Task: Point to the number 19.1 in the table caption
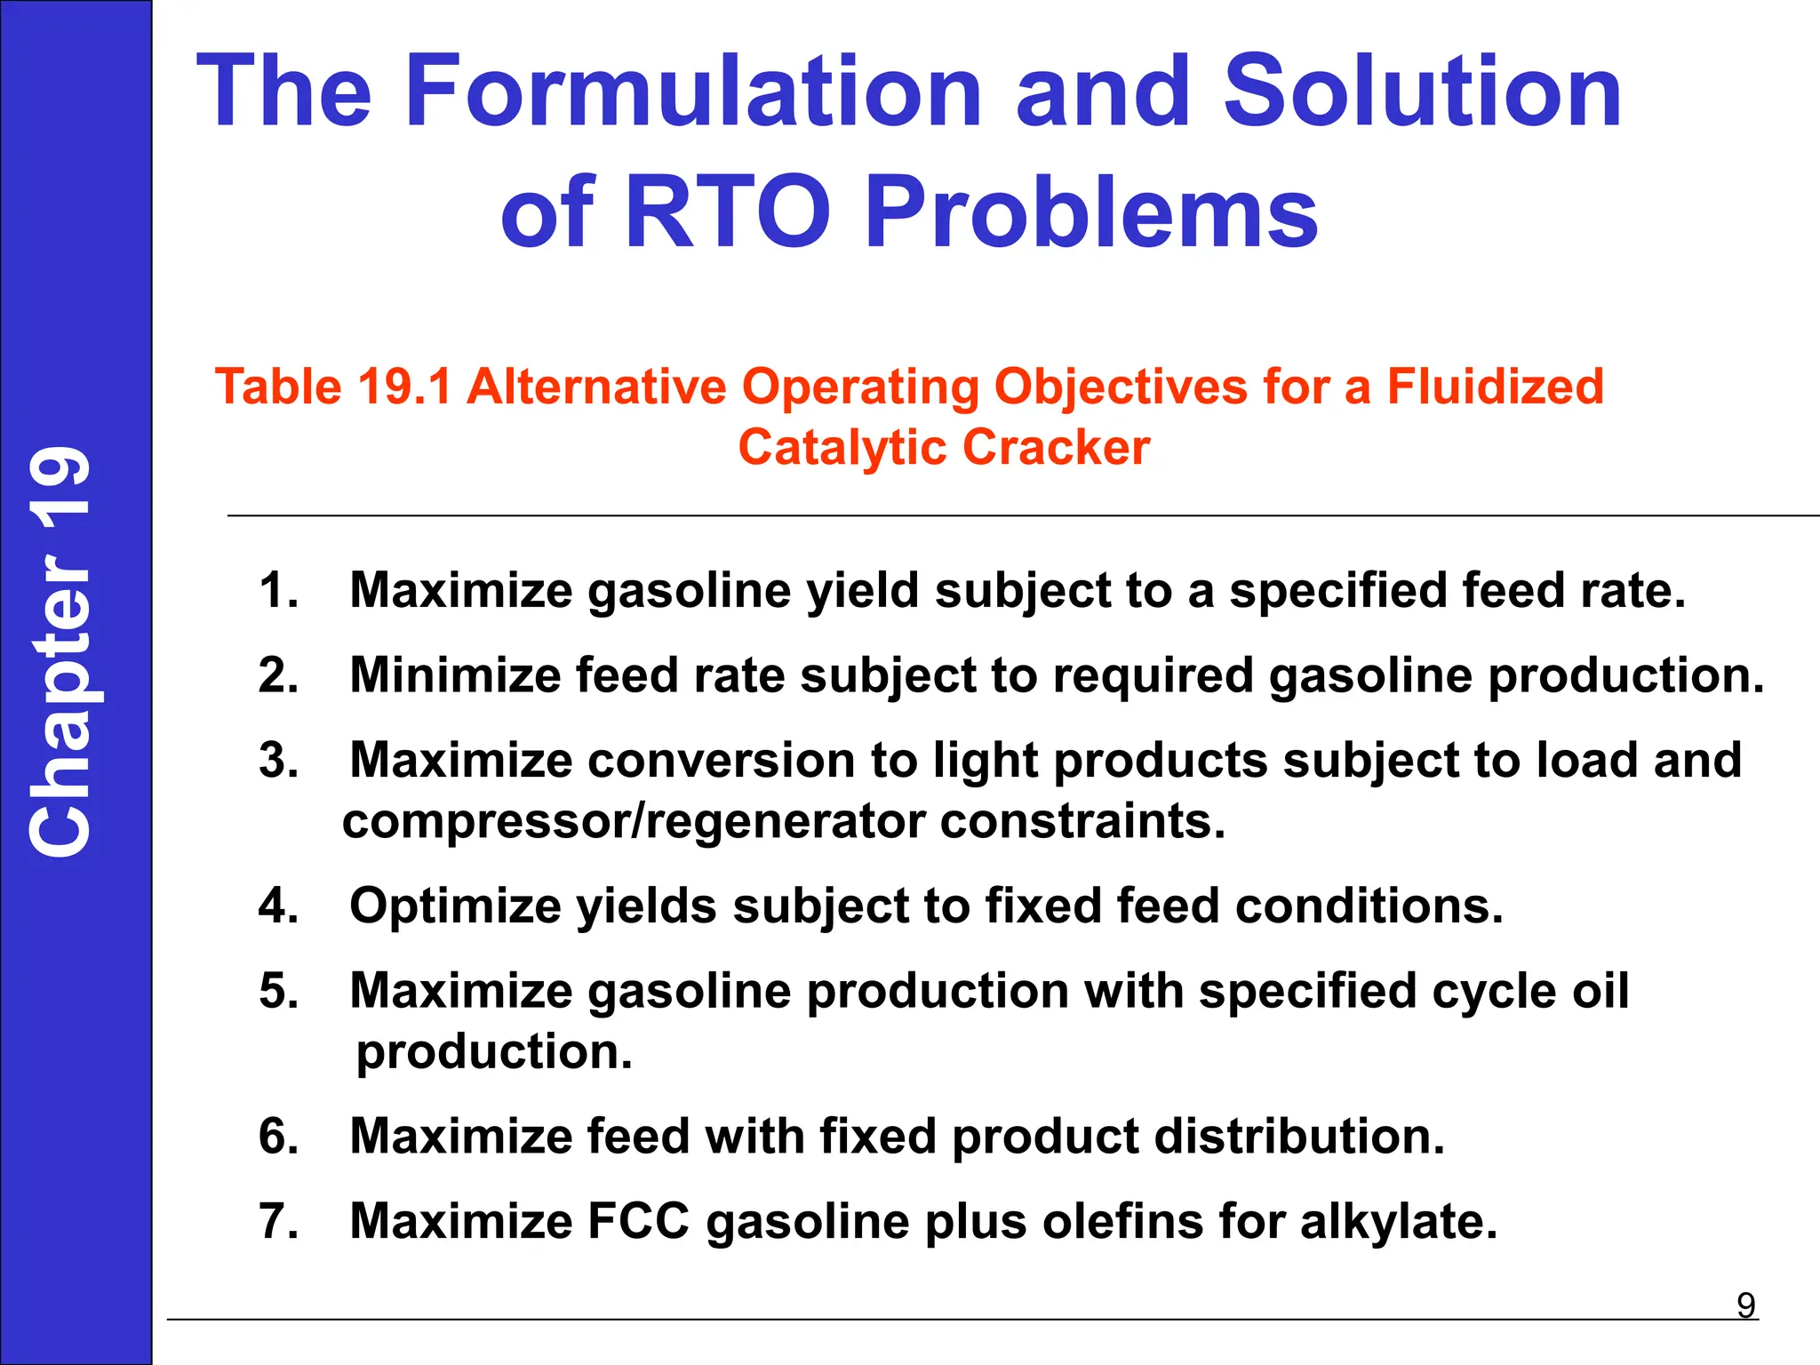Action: pos(404,387)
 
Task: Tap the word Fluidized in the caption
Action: pos(1496,387)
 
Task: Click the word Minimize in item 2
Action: pos(455,675)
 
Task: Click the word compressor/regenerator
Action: pos(634,821)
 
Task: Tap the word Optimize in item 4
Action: pos(455,906)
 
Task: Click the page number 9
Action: pos(1745,1305)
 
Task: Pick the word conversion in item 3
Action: pos(721,761)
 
